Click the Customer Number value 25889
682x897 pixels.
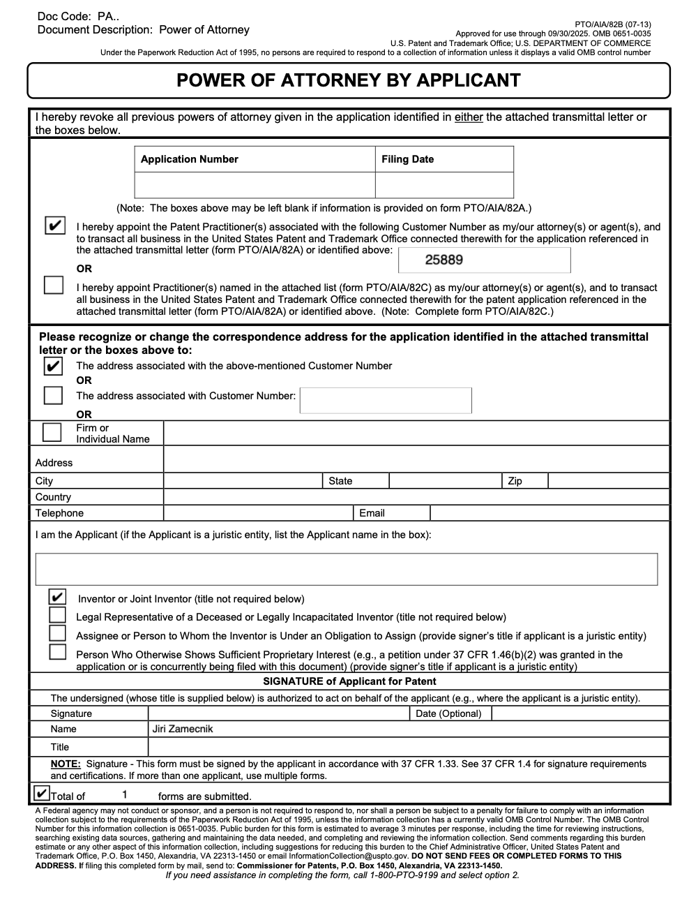tap(444, 260)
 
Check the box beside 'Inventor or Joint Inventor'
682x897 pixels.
tap(57, 598)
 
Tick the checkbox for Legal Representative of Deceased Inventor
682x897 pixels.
tap(57, 616)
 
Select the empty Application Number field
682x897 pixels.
tap(255, 185)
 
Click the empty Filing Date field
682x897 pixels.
tap(444, 185)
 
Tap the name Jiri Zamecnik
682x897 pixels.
tap(182, 729)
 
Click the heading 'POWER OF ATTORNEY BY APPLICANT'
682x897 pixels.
tap(348, 80)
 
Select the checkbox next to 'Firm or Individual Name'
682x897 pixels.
tap(52, 432)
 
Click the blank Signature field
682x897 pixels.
tap(278, 713)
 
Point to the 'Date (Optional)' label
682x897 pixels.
tap(448, 713)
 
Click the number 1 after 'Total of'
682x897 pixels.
tap(124, 794)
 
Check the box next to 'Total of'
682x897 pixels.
tap(42, 794)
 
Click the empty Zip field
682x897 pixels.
tap(607, 481)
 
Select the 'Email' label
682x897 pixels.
tap(372, 513)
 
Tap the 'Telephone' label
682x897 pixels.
tap(59, 513)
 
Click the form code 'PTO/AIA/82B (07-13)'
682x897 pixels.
tap(613, 24)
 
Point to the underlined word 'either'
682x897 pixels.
tap(469, 117)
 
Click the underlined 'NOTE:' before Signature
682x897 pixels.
tap(66, 764)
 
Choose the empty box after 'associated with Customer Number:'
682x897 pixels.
tap(386, 400)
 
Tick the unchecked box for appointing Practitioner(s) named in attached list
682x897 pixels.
tap(54, 286)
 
